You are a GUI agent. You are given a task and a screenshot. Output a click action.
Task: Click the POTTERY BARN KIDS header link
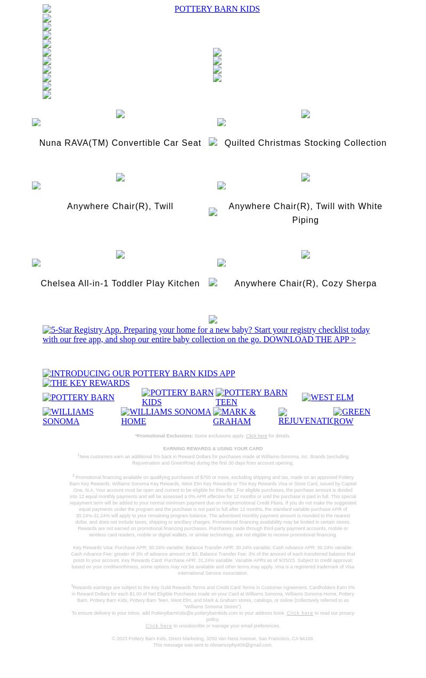coord(217,9)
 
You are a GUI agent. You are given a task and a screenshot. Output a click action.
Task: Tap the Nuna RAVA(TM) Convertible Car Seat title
coord(120,143)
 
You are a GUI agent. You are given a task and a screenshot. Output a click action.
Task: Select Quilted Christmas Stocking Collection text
coord(305,143)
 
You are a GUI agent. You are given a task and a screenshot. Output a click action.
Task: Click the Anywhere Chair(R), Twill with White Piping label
coord(305,212)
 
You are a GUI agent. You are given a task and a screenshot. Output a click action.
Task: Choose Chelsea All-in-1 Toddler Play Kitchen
coord(120,284)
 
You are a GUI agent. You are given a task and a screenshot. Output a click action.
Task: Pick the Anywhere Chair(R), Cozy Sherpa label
coord(305,284)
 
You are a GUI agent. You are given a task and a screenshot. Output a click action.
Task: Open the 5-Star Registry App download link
coord(206,335)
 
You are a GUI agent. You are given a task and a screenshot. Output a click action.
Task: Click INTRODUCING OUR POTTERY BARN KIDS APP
coord(138,374)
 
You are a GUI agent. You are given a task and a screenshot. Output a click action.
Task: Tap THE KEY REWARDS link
coord(86,383)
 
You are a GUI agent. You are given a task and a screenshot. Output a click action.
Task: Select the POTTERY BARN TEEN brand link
coord(251,398)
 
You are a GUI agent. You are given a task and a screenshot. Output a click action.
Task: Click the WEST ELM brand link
coord(327,398)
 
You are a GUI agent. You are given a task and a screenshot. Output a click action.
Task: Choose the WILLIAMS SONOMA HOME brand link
coord(166,416)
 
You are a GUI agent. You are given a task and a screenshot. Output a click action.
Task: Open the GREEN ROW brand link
coord(352,416)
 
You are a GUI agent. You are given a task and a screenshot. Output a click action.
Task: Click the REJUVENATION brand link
coord(306,417)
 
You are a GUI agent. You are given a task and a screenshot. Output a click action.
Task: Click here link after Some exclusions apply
coord(256,436)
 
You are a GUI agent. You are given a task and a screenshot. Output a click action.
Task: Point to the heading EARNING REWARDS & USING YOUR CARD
coord(212,449)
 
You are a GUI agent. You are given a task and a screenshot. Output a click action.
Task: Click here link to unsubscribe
coord(159,626)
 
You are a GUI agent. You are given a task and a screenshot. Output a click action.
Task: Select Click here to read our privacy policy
coord(300,613)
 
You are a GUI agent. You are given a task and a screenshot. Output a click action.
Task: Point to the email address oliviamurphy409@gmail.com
coord(241,645)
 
